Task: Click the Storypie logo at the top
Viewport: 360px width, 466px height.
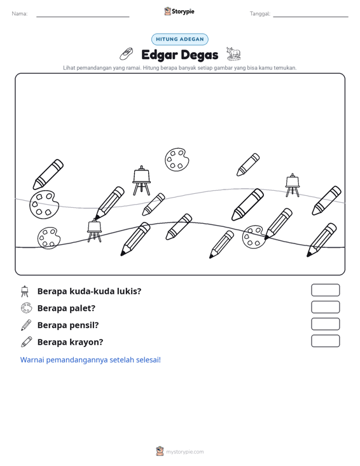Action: (179, 11)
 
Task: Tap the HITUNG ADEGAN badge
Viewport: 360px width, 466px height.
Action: (180, 39)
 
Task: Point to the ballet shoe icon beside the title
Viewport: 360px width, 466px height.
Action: (127, 54)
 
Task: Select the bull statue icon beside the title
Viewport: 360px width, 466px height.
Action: (233, 53)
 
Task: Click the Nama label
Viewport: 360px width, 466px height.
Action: (20, 14)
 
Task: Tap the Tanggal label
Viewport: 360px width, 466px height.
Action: (260, 14)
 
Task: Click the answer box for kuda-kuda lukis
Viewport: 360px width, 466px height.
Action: (326, 290)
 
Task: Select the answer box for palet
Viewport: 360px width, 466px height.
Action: (326, 307)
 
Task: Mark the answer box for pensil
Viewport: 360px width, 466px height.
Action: (326, 324)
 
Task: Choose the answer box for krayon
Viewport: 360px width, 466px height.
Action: (326, 341)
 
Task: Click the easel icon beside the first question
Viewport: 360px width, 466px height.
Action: (25, 291)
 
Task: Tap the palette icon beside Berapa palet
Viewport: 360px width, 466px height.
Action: (26, 308)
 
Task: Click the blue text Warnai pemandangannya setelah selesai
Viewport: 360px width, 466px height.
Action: (90, 360)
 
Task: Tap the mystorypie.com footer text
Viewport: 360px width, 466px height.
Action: (185, 452)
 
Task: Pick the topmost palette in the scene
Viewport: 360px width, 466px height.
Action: (177, 160)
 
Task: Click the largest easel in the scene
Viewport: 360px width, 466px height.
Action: (141, 181)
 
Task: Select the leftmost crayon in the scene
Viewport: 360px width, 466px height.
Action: (48, 174)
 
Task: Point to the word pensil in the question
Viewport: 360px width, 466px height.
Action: (84, 326)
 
